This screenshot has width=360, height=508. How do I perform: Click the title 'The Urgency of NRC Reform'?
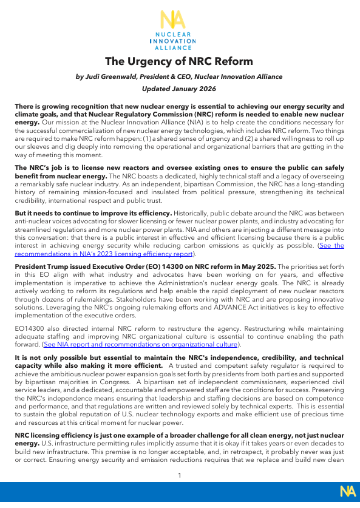(179, 61)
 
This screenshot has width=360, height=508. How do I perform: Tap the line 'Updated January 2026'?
(179, 88)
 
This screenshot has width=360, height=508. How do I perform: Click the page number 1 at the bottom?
(180, 475)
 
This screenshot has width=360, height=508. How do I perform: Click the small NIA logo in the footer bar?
(347, 491)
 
